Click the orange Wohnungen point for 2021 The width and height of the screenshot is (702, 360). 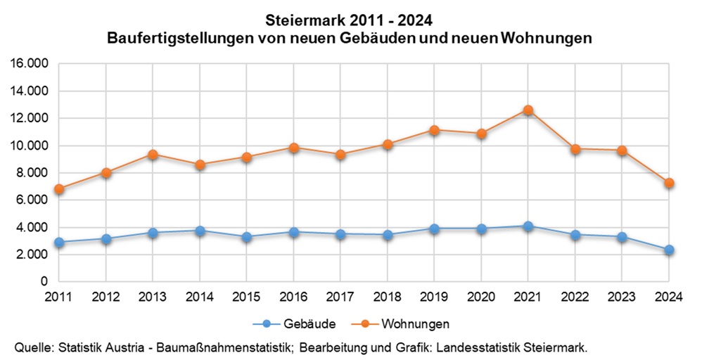[528, 110]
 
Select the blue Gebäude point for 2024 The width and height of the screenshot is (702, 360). [669, 250]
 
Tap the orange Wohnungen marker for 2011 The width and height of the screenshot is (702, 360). [59, 189]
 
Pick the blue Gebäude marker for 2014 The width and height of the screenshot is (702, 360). [200, 231]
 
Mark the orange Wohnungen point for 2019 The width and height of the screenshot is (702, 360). [434, 130]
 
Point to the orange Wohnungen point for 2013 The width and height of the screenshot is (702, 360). [153, 154]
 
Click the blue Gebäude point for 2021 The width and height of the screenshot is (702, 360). [528, 226]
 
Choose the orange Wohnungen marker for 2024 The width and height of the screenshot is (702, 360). [669, 183]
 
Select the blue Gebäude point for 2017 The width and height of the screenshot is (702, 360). [340, 235]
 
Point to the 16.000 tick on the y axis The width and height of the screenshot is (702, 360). [29, 64]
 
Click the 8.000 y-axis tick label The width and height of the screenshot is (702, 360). [32, 173]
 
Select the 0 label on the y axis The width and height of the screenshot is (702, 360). [44, 281]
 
